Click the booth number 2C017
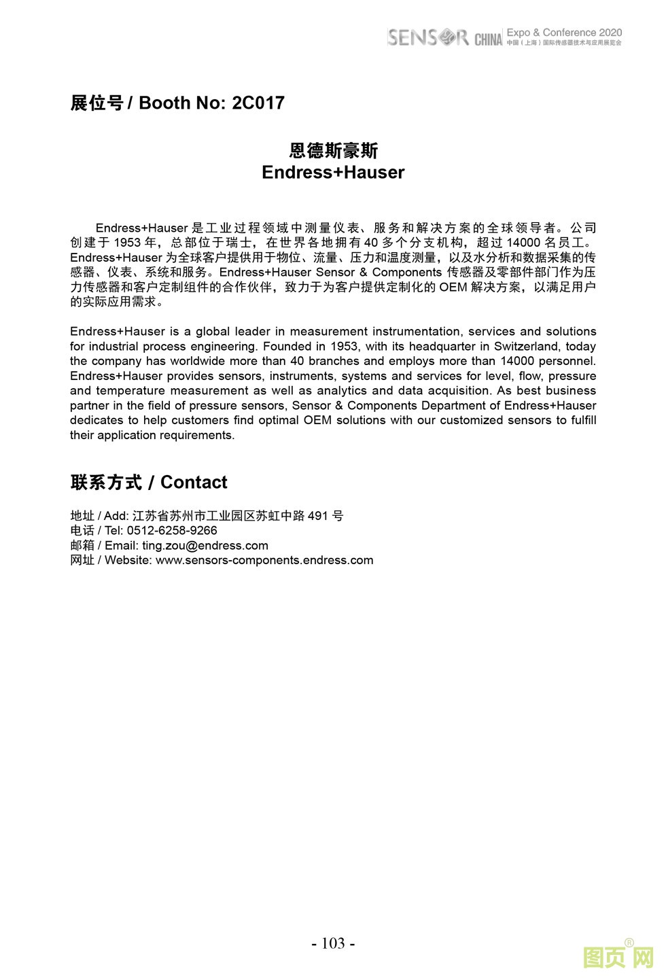258,103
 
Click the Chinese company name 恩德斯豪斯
333,150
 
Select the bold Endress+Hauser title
333,173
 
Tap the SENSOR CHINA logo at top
444,37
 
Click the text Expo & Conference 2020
564,33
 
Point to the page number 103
333,943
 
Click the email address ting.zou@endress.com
205,546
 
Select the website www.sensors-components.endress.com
264,561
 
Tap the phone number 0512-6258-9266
172,531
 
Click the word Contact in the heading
194,483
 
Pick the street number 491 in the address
318,516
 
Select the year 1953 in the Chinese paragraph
127,243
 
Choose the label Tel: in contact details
114,531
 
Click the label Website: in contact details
128,561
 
